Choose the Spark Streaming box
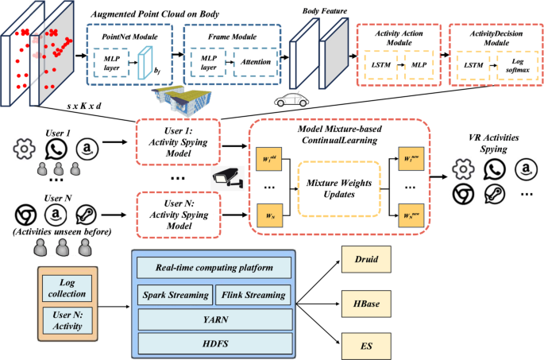tap(175, 295)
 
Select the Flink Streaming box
tap(252, 295)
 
